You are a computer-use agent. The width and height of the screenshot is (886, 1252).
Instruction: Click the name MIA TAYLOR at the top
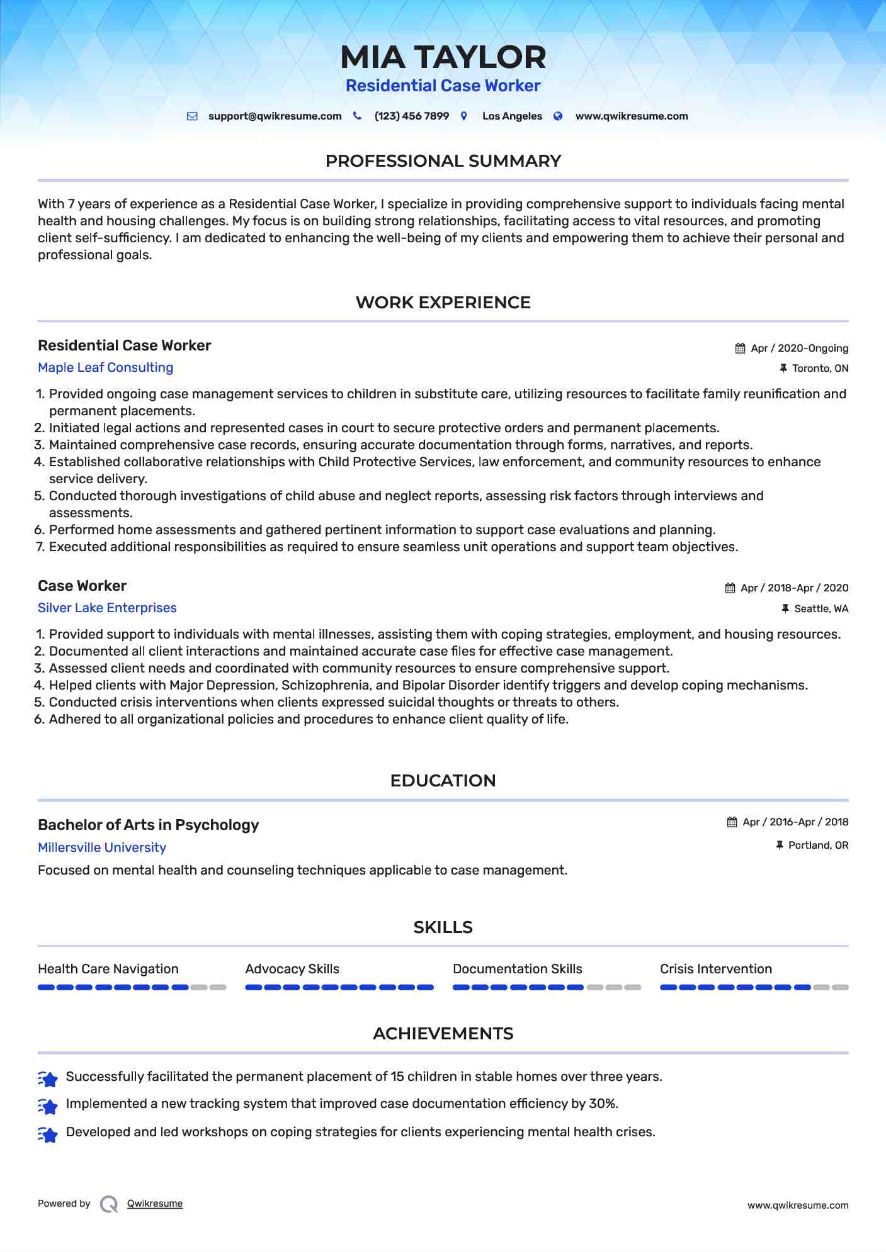pyautogui.click(x=443, y=57)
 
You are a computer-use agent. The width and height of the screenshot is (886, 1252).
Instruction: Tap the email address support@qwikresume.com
pyautogui.click(x=275, y=116)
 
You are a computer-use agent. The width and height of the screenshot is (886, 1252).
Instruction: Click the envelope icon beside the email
pyautogui.click(x=192, y=116)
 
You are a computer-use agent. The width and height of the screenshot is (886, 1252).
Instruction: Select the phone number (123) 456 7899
pyautogui.click(x=411, y=116)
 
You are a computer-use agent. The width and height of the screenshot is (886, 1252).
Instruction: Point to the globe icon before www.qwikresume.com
pyautogui.click(x=558, y=116)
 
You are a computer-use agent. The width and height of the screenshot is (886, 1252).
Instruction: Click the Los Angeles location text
pyautogui.click(x=512, y=116)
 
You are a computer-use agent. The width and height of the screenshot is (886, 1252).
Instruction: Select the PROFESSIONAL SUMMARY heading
pyautogui.click(x=443, y=161)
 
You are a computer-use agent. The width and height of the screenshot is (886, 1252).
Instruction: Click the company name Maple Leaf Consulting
pyautogui.click(x=105, y=367)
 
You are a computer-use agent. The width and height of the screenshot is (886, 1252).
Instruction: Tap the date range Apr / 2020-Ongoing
pyautogui.click(x=799, y=349)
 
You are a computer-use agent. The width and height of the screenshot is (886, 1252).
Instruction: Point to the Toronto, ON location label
pyautogui.click(x=820, y=369)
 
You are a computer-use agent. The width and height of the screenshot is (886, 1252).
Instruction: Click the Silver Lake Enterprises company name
pyautogui.click(x=107, y=608)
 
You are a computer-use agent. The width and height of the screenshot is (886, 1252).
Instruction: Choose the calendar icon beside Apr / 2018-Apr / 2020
pyautogui.click(x=730, y=588)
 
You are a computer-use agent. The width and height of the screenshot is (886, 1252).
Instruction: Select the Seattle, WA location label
pyautogui.click(x=821, y=609)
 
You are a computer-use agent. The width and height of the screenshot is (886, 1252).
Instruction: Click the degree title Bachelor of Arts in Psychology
pyautogui.click(x=148, y=825)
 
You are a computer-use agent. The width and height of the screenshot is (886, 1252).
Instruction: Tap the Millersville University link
pyautogui.click(x=102, y=847)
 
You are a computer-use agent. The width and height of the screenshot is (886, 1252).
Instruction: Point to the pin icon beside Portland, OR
pyautogui.click(x=780, y=845)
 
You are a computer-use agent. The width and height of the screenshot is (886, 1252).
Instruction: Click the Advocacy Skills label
pyautogui.click(x=292, y=969)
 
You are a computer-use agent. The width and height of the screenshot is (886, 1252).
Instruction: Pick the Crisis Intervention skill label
pyautogui.click(x=715, y=969)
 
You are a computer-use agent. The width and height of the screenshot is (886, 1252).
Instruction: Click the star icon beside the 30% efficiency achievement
pyautogui.click(x=48, y=1105)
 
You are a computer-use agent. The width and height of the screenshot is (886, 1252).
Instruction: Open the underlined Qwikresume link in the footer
pyautogui.click(x=155, y=1204)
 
